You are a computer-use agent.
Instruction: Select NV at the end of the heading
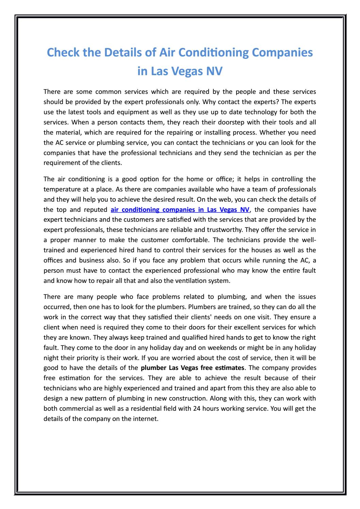coord(213,71)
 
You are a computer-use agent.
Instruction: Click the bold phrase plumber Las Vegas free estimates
coord(193,368)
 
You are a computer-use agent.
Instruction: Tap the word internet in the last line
coord(147,408)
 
